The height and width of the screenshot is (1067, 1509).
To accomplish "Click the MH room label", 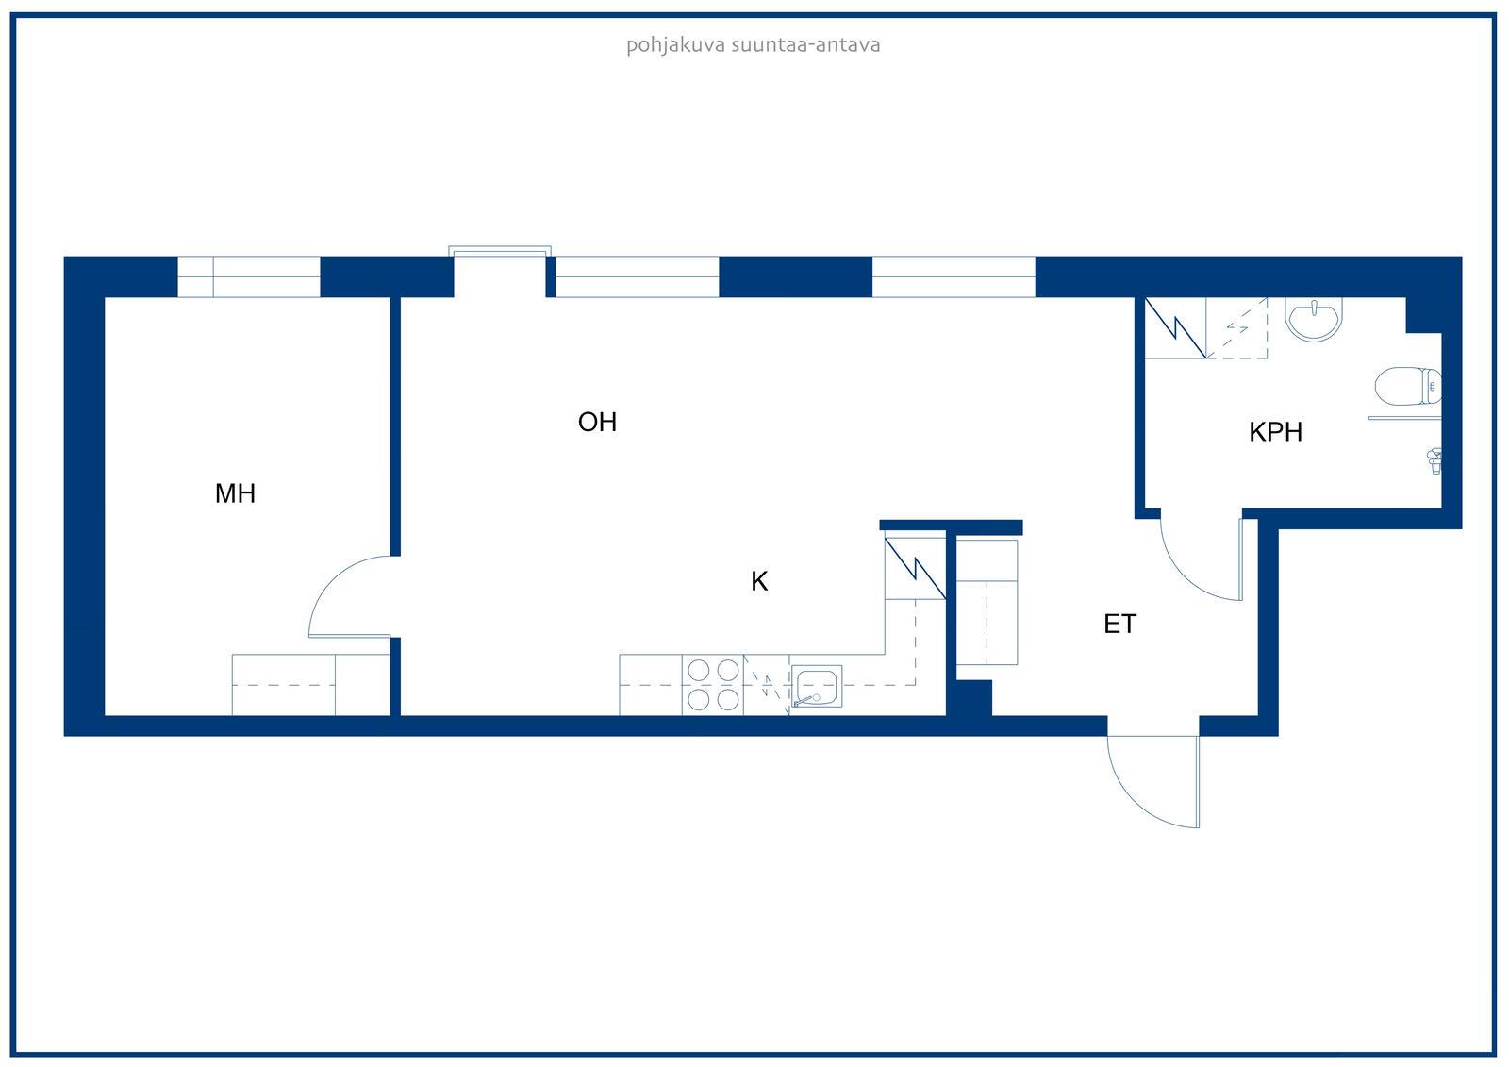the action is pos(235,493).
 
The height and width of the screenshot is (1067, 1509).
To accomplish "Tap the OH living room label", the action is pos(598,422).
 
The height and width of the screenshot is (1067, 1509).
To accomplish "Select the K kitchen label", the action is pos(759,581).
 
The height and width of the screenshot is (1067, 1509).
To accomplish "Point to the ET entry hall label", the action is pos(1119,625).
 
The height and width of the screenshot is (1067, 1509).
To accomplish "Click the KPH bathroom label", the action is pos(1275,432).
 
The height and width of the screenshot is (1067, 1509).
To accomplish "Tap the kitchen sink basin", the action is pos(817,686).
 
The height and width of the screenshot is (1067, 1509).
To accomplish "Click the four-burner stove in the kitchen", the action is pos(713,685).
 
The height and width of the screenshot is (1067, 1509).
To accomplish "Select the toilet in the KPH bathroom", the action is pos(1408,386).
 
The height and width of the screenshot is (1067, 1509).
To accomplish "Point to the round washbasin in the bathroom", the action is pos(1314,319).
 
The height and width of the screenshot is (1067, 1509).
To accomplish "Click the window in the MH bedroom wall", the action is pos(249,277).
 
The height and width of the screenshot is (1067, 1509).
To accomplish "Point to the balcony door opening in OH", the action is pos(500,273).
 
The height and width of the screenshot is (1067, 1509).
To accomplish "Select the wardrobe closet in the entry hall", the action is pos(987,602).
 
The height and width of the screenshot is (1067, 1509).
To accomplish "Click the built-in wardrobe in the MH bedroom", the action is pos(311,685).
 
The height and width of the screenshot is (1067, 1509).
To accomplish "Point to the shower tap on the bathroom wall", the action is pos(1434,461).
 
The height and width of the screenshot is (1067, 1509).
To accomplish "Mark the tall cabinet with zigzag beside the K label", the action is pos(916,568).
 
